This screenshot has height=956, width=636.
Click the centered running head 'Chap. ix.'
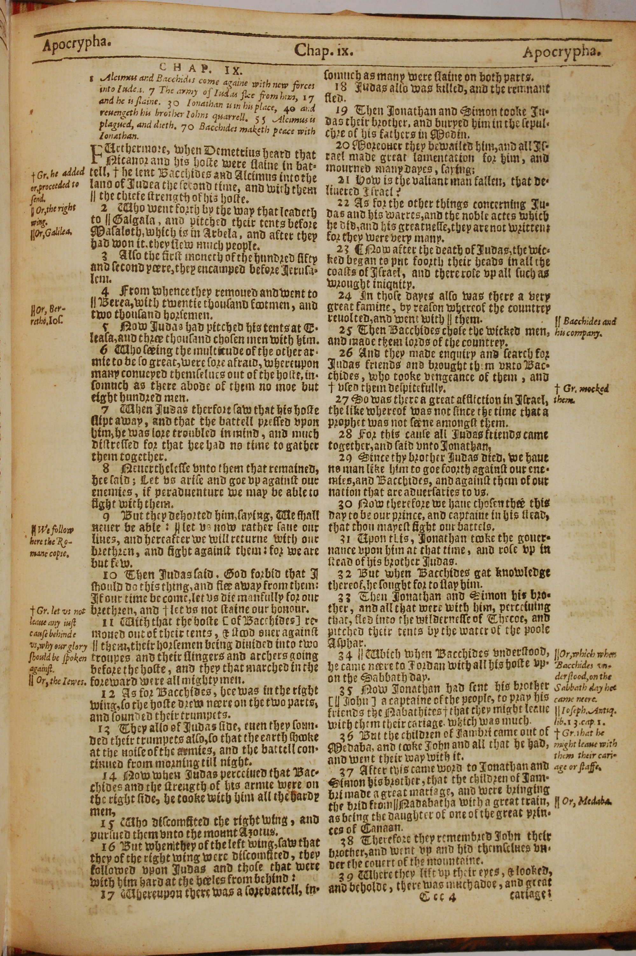(x=324, y=50)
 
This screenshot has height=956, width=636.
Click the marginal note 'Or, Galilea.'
(x=50, y=232)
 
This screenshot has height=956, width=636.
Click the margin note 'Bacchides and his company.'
(x=584, y=327)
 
